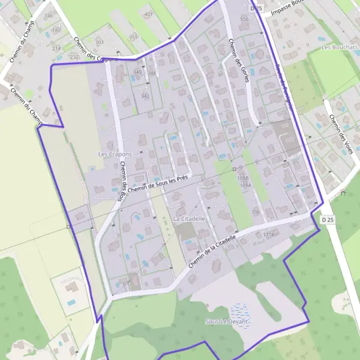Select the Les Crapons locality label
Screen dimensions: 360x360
coord(115,154)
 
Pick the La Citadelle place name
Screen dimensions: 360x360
coord(189,219)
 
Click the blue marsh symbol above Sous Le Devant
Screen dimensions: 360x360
coord(240,311)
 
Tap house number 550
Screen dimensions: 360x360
coord(244,19)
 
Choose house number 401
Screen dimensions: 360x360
coord(149,14)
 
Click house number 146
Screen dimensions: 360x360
coord(49,15)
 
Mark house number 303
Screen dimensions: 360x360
coord(100,43)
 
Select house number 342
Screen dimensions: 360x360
coord(145,96)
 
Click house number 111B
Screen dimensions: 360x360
coord(268,235)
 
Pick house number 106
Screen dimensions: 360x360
coord(256,212)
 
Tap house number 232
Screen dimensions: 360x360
coord(74,56)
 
